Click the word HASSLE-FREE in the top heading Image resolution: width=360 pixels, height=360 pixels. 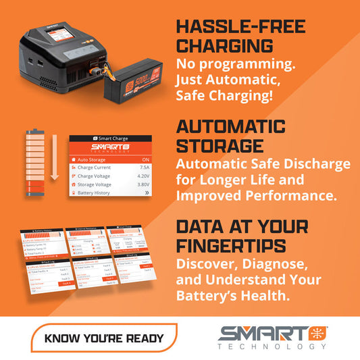240,27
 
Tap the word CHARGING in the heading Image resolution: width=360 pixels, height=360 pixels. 224,46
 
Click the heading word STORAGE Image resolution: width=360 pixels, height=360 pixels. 220,145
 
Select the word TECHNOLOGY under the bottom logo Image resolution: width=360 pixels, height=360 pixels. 274,346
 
